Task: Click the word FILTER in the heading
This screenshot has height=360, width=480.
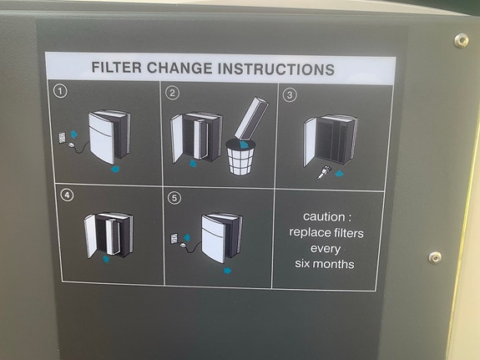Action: point(116,68)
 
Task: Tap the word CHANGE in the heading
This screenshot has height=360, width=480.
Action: point(179,68)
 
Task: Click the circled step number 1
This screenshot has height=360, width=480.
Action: point(60,91)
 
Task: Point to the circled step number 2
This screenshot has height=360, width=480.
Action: point(172,93)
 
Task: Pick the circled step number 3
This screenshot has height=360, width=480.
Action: point(290,94)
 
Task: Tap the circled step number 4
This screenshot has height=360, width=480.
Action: point(67,195)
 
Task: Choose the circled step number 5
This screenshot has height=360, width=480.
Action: point(174,198)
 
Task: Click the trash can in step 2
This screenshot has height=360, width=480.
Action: point(241,157)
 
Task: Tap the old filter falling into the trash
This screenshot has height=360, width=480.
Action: point(251,119)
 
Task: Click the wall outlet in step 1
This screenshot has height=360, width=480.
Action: point(62,138)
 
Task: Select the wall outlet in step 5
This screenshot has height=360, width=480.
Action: point(174,238)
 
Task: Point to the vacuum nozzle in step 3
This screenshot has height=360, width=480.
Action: point(325,172)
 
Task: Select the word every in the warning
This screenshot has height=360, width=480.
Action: point(326,249)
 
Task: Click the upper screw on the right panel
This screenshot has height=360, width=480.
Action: point(461,40)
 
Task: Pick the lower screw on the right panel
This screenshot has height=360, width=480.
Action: point(435,257)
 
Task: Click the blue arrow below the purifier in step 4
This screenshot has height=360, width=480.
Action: point(106,259)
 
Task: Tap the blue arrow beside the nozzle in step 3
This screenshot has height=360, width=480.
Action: point(340,174)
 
